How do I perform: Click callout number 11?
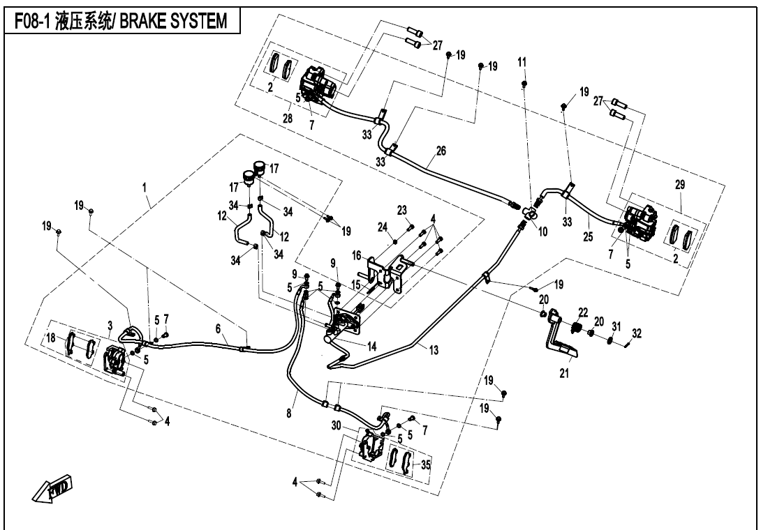pyautogui.click(x=522, y=63)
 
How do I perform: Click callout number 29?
pyautogui.click(x=680, y=185)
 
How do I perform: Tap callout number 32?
pyautogui.click(x=637, y=331)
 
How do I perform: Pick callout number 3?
pyautogui.click(x=110, y=325)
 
